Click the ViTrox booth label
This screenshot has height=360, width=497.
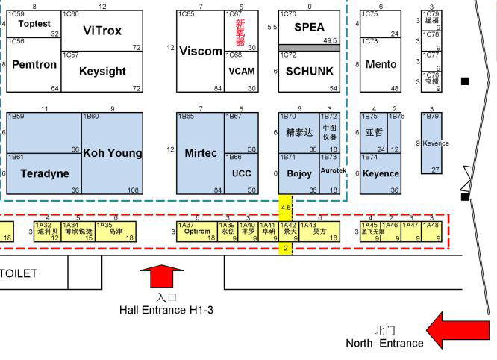(102, 31)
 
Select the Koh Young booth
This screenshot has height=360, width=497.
(112, 153)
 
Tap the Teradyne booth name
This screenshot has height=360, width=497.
(44, 173)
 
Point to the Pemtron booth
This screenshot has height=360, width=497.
(34, 65)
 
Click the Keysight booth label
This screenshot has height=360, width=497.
(102, 71)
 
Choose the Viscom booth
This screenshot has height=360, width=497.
(201, 52)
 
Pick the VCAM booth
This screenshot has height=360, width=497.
(241, 71)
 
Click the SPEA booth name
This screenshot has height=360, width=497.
(309, 28)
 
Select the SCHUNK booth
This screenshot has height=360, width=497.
(309, 71)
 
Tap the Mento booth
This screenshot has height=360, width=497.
(381, 65)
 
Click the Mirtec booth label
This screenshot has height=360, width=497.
(201, 153)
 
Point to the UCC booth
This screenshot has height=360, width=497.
(241, 173)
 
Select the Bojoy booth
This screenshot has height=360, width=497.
(299, 173)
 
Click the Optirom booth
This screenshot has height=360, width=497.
(197, 232)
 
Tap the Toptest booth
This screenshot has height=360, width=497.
(34, 24)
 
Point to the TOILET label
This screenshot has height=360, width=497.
(18, 273)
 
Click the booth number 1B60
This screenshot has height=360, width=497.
(91, 117)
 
